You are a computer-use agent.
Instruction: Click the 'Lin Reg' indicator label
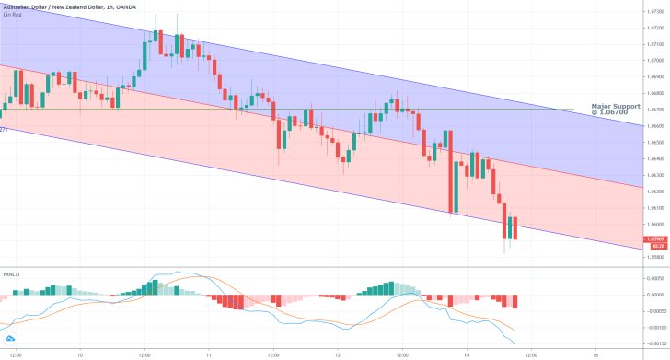pos(13,16)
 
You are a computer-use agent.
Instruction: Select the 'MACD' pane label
pos(11,274)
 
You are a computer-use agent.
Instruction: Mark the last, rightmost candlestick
pos(515,228)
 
